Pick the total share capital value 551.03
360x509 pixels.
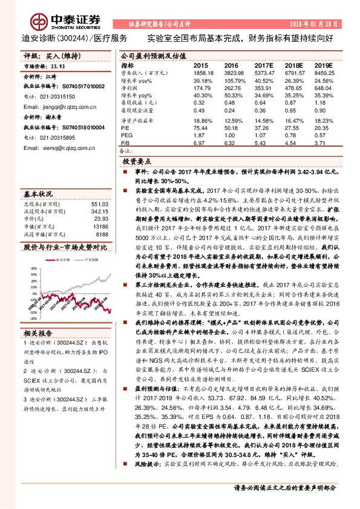point(99,204)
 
